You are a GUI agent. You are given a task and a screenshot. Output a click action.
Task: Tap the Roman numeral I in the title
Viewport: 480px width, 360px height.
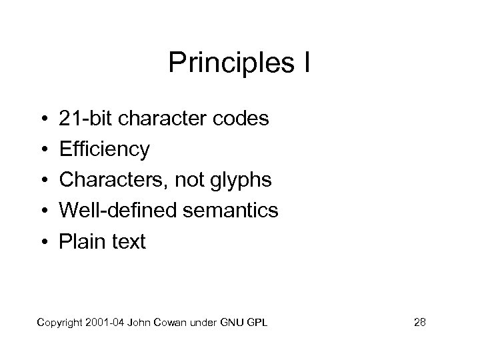pyautogui.click(x=307, y=64)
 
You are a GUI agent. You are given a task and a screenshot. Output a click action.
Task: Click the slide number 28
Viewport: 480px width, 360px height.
pyautogui.click(x=420, y=323)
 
